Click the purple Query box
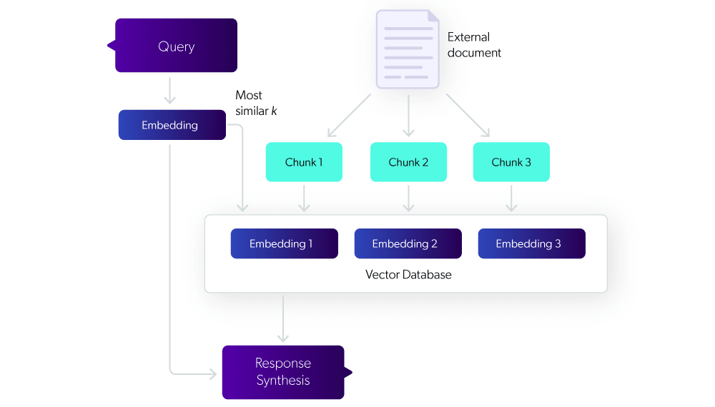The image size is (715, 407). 176,46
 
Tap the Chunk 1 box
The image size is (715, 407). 304,162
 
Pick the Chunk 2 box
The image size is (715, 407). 408,162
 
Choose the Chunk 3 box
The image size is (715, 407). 511,162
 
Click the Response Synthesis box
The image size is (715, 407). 283,372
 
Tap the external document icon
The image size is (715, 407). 408,49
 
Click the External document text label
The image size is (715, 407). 474,45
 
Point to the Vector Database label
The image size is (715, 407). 408,274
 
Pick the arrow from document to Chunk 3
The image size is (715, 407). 468,115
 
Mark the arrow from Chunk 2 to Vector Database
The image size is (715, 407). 408,198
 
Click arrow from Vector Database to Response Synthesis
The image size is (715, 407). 283,317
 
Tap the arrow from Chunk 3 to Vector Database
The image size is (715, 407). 511,198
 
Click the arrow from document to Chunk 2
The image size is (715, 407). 408,114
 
